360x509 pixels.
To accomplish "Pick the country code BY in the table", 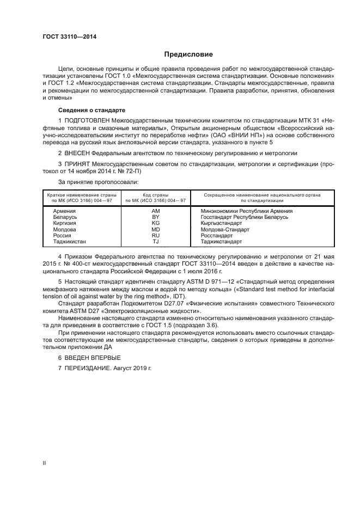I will click(x=155, y=217).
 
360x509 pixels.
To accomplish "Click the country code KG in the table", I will click(x=155, y=223).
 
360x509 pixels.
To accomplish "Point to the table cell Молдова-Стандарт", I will click(x=223, y=229).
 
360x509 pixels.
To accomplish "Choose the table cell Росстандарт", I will click(x=217, y=235).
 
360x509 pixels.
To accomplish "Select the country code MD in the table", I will click(x=155, y=229).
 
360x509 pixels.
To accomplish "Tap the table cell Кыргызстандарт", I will click(x=221, y=223).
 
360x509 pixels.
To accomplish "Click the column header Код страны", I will click(x=155, y=194).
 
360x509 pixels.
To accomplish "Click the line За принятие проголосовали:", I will click(x=98, y=181).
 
